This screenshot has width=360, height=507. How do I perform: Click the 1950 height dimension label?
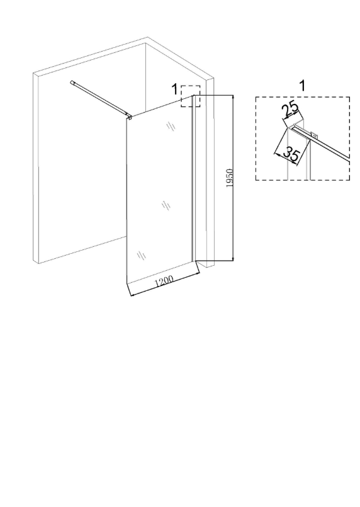point(230,178)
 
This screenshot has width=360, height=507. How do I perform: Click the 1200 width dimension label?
point(164,281)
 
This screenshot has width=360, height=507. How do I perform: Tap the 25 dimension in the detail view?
point(290,110)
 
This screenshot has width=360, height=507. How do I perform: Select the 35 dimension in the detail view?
point(290,154)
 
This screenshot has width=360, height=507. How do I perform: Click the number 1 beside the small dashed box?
point(174,89)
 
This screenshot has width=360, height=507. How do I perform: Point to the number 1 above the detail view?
point(303,86)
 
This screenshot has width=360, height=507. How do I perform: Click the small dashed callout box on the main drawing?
point(190,96)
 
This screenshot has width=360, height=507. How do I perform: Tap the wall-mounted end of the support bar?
point(72,82)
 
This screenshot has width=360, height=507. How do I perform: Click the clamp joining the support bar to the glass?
point(129,117)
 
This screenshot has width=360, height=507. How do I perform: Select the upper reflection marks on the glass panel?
point(171,126)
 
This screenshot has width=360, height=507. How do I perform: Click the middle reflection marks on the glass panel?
point(166,205)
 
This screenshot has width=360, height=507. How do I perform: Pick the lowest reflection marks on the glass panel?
point(141,256)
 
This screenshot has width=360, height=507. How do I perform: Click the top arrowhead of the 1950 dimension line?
point(233,98)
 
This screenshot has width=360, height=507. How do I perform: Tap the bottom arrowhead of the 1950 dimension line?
point(233,258)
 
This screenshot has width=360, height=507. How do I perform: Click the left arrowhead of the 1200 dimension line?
point(131,294)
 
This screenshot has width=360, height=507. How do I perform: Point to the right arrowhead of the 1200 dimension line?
point(197,275)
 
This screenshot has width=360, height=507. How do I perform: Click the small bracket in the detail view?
point(313,135)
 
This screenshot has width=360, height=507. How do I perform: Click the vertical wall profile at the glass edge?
point(193,178)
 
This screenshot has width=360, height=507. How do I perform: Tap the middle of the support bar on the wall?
point(100,98)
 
